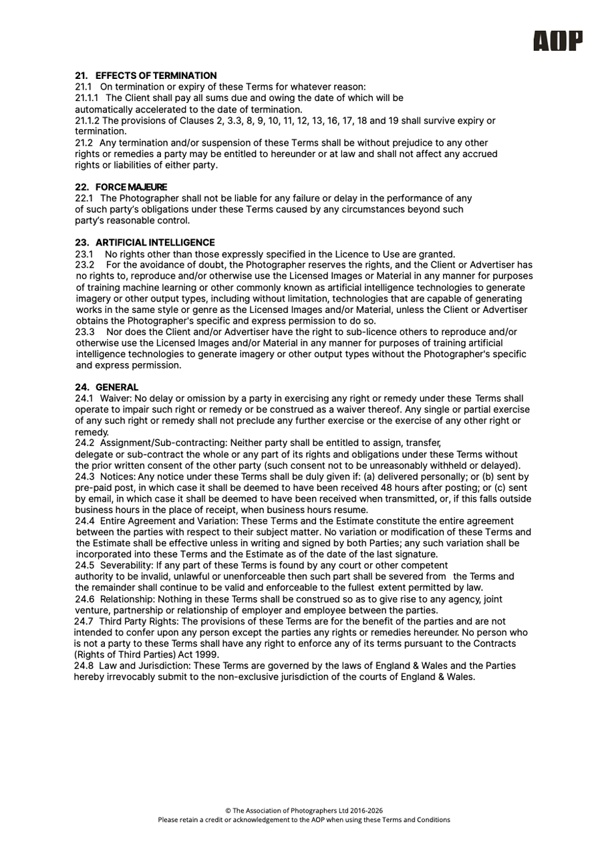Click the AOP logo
point(557,41)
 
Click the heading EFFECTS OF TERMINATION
point(156,76)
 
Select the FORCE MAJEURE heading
point(131,187)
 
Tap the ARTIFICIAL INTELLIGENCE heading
point(155,242)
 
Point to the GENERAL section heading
point(117,387)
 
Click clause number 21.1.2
point(87,120)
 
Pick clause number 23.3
point(84,332)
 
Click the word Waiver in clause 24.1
point(115,399)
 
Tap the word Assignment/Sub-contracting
point(163,443)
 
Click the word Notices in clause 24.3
point(118,477)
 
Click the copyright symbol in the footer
point(227,810)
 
